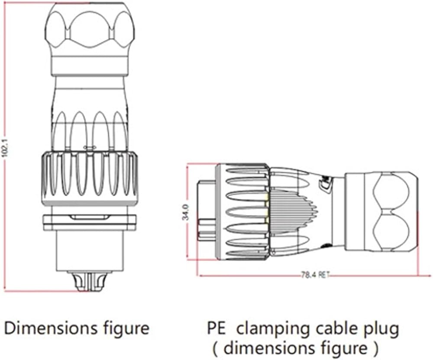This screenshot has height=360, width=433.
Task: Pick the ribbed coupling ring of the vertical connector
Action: pos(90,178)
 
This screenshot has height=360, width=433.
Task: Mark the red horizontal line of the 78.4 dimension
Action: pos(260,275)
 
